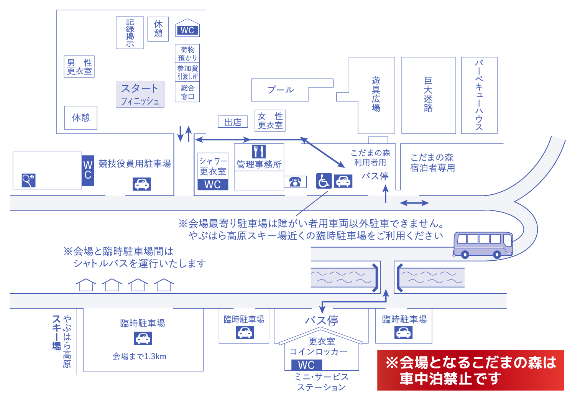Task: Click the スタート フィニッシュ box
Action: pyautogui.click(x=140, y=94)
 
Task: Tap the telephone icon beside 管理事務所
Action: pyautogui.click(x=295, y=182)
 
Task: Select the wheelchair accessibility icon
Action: pyautogui.click(x=324, y=181)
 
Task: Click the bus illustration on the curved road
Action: pyautogui.click(x=483, y=245)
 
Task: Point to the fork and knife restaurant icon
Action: pyautogui.click(x=259, y=151)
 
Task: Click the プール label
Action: pyautogui.click(x=281, y=90)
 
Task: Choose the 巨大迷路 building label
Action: pyautogui.click(x=428, y=95)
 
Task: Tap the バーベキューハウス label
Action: pyautogui.click(x=479, y=95)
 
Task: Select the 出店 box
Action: pyautogui.click(x=233, y=122)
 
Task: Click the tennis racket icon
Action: pyautogui.click(x=28, y=180)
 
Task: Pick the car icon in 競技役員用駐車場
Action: pyautogui.click(x=142, y=184)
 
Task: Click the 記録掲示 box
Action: pyautogui.click(x=130, y=33)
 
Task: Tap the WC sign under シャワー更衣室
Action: pyautogui.click(x=213, y=184)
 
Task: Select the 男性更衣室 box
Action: pyautogui.click(x=79, y=67)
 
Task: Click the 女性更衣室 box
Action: pyautogui.click(x=270, y=120)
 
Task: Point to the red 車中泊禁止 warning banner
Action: pyautogui.click(x=470, y=370)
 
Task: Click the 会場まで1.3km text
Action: pyautogui.click(x=140, y=357)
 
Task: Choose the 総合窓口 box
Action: pyautogui.click(x=187, y=92)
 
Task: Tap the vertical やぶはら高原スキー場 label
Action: pyautogui.click(x=62, y=341)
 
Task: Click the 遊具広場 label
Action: pyautogui.click(x=376, y=94)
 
